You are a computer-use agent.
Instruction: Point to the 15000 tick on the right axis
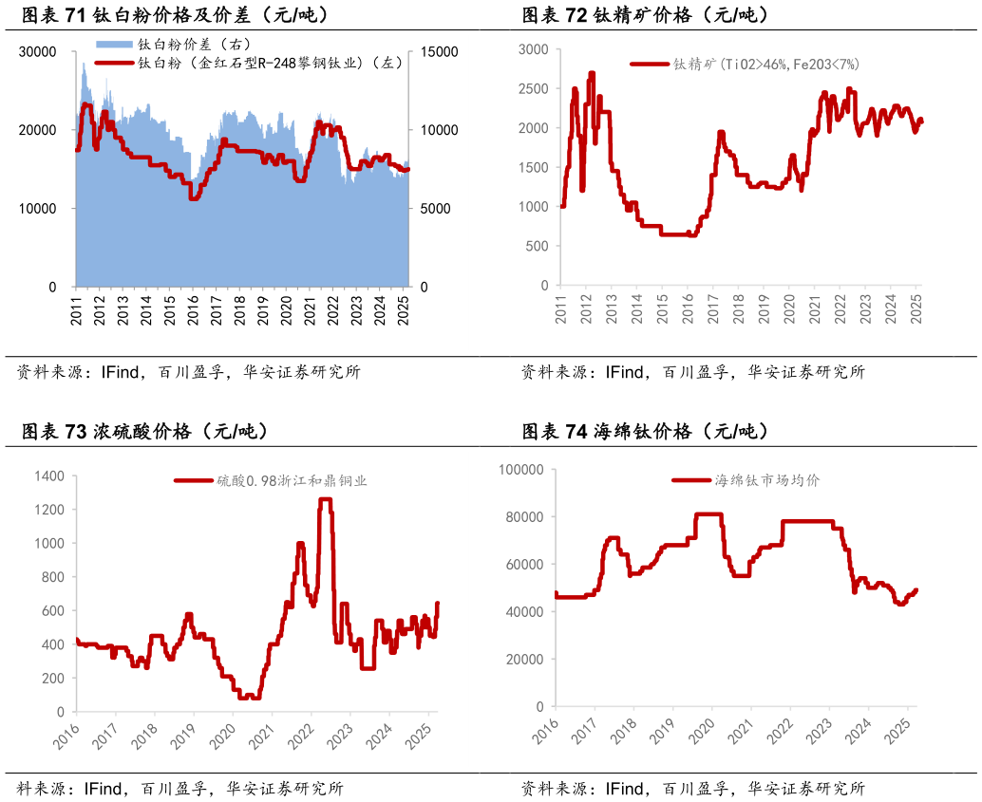(440, 51)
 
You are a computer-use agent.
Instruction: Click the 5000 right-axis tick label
(436, 208)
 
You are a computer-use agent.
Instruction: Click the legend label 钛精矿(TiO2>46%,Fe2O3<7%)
(765, 65)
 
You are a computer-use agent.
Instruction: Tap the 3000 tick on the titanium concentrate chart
(534, 48)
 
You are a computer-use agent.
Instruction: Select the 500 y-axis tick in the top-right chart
(538, 246)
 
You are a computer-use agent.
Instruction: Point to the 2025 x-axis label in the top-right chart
(917, 312)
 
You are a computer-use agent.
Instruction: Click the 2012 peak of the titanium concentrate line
(592, 73)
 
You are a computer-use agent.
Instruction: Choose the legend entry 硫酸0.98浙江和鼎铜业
(291, 481)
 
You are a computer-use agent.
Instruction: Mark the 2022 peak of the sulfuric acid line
(325, 499)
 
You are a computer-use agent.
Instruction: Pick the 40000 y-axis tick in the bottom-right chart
(522, 612)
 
